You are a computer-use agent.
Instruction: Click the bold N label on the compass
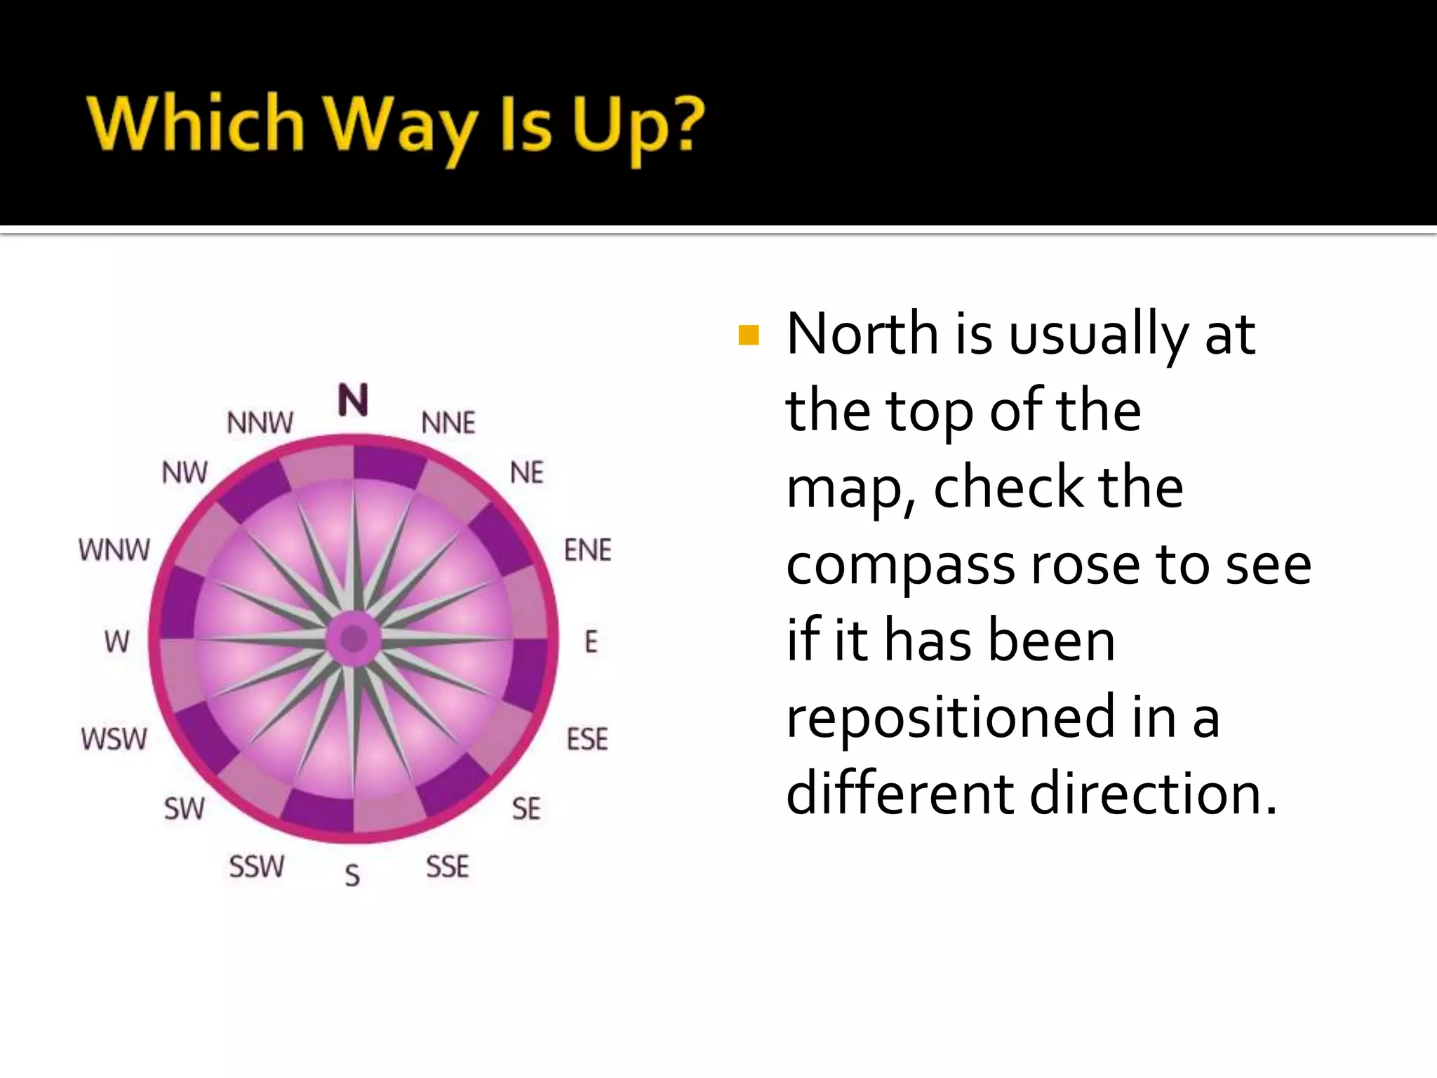click(353, 400)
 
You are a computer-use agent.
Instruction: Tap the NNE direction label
click(448, 423)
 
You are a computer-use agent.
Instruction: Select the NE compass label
click(527, 473)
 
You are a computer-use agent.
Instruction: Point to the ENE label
click(588, 550)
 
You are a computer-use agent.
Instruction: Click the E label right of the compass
click(591, 641)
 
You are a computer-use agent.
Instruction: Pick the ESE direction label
click(587, 739)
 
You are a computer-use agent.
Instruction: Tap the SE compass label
click(526, 808)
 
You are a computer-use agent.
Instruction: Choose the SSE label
click(448, 867)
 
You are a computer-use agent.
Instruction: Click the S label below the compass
click(352, 875)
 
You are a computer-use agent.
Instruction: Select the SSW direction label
click(257, 867)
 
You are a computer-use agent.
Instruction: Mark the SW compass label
click(185, 808)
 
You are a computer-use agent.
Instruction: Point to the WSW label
click(114, 739)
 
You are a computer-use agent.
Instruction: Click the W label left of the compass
click(117, 641)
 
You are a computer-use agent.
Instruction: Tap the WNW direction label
click(114, 550)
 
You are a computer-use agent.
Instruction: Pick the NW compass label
click(185, 473)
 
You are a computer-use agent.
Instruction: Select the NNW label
click(260, 423)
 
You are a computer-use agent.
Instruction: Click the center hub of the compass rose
click(354, 639)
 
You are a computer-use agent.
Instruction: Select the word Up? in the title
click(637, 126)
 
